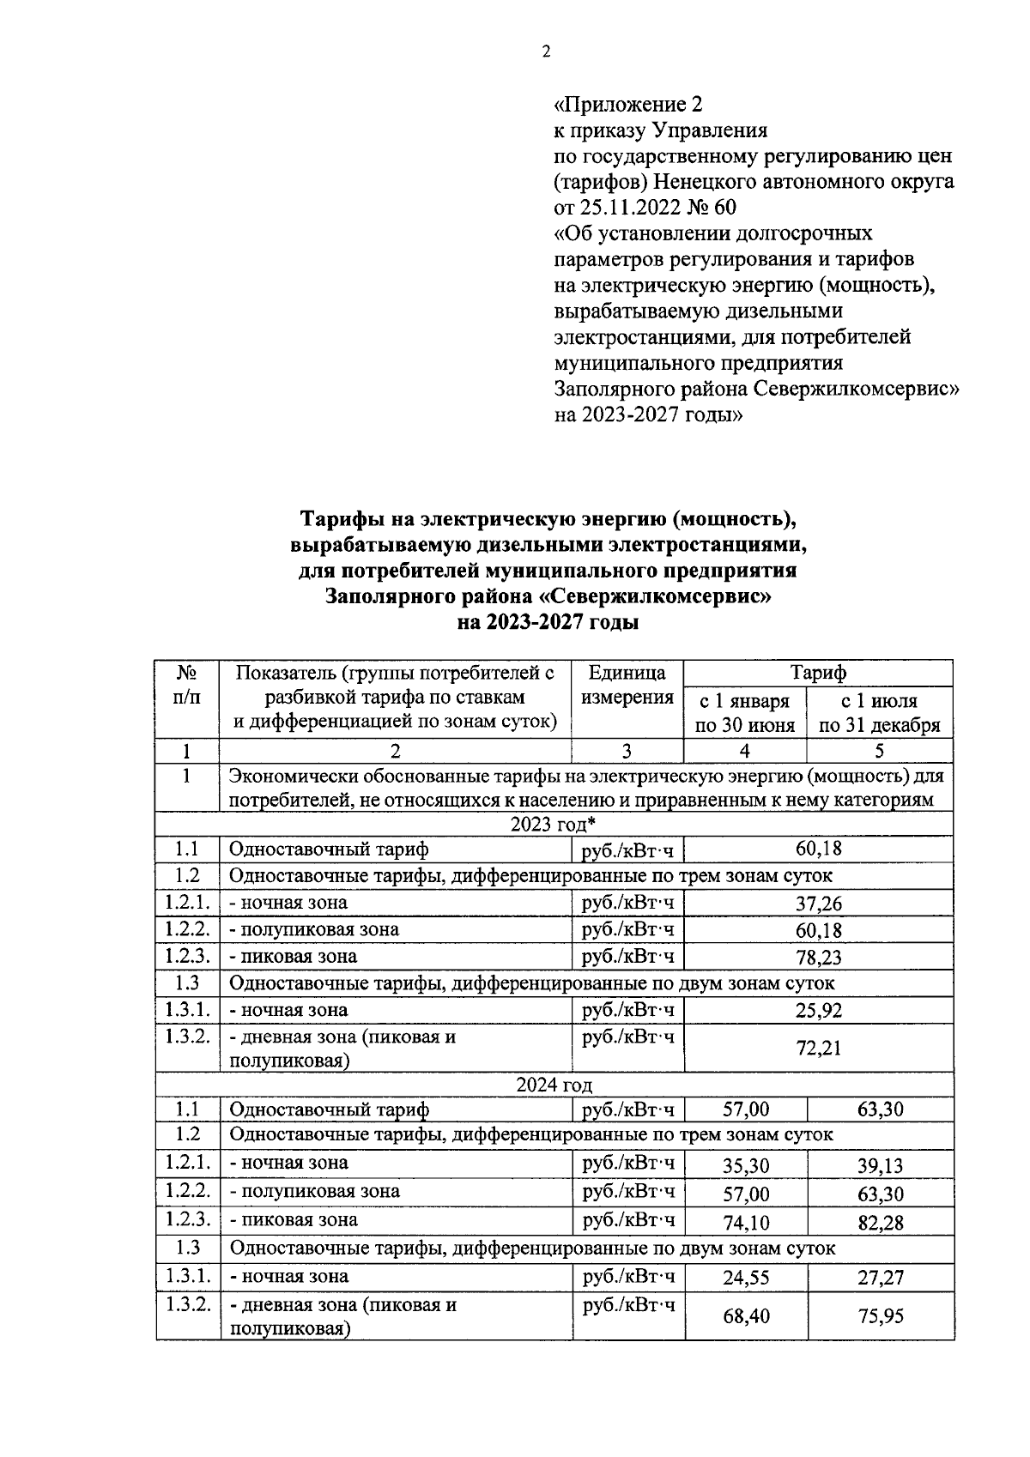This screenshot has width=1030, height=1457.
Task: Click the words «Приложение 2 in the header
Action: pos(628,105)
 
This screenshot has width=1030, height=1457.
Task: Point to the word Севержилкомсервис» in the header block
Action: pos(857,388)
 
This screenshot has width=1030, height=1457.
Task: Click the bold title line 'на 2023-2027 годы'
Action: pos(548,623)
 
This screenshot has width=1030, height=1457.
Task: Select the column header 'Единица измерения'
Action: pos(627,685)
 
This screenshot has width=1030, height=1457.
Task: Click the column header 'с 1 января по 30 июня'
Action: pos(744,713)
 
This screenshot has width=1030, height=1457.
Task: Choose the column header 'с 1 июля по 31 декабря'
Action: pos(879,713)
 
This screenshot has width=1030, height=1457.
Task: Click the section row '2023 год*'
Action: pos(554,825)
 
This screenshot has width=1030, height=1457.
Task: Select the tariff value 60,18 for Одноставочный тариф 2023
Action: pos(818,849)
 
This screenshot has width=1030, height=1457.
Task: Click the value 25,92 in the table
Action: pos(818,1011)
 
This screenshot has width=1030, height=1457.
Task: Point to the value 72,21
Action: pos(818,1048)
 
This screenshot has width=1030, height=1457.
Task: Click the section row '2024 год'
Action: pos(554,1086)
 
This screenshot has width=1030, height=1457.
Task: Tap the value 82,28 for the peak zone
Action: pos(880,1223)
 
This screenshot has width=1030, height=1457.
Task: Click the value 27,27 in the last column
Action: pos(880,1278)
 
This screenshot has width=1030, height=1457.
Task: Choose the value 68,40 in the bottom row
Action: pos(745,1315)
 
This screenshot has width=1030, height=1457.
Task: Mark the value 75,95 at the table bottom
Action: pos(880,1315)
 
